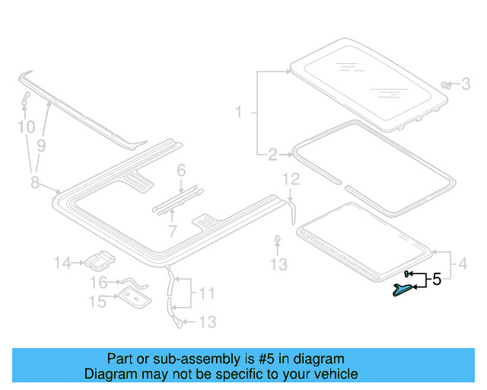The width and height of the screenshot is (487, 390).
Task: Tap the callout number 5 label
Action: [x=436, y=280]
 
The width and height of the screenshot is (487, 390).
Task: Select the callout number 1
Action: [x=238, y=113]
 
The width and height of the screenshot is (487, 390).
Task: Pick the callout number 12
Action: [x=291, y=180]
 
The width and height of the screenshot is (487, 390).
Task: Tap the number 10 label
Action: [x=27, y=126]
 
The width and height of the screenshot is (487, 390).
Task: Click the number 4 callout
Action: [x=463, y=267]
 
